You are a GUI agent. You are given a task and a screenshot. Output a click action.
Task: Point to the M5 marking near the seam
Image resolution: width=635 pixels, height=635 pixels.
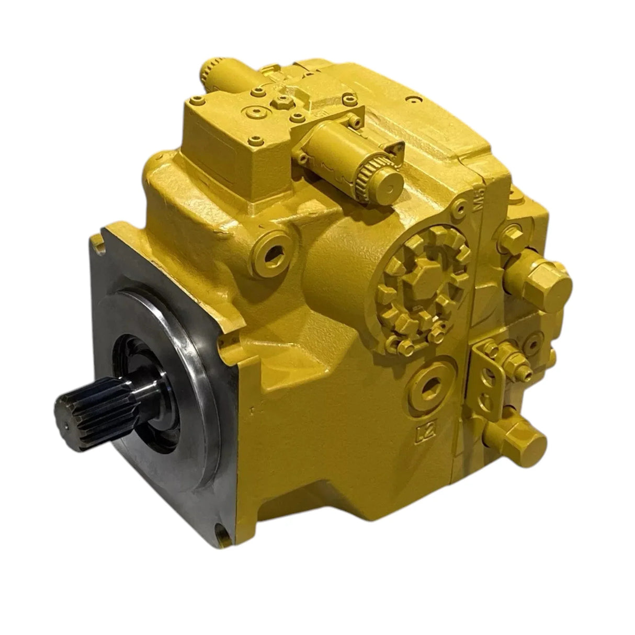(477, 201)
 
